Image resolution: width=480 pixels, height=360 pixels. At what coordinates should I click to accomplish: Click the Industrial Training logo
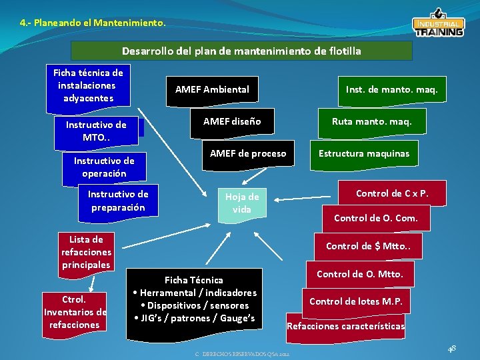[438, 25]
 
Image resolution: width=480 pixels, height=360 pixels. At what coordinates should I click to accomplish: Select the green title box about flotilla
[241, 51]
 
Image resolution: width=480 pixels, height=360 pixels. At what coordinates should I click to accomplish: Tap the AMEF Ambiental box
[212, 89]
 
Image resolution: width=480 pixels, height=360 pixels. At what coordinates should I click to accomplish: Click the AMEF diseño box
[232, 121]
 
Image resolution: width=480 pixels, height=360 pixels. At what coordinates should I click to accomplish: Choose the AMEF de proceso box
[248, 154]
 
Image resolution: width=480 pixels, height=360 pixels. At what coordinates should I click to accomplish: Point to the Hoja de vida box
[242, 203]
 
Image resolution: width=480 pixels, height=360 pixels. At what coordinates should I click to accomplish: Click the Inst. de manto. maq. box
[391, 89]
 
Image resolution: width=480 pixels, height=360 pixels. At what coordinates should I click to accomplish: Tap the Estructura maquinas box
[364, 154]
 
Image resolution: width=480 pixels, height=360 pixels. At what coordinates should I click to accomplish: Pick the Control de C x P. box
[391, 193]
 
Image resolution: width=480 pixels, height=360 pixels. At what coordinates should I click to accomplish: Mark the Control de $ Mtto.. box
[373, 246]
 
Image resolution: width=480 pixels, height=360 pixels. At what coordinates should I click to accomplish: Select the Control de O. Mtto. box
[359, 274]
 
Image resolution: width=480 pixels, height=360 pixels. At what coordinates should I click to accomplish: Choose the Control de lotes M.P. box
[356, 301]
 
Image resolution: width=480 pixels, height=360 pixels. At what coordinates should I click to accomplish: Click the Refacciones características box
[345, 326]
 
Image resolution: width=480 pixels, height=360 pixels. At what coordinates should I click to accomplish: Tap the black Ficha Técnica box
[194, 299]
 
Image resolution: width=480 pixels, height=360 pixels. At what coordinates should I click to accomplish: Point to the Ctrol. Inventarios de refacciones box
[75, 312]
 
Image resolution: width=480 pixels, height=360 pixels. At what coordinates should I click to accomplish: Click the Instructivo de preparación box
[118, 201]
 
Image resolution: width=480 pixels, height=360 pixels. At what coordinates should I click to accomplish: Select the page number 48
[452, 348]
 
